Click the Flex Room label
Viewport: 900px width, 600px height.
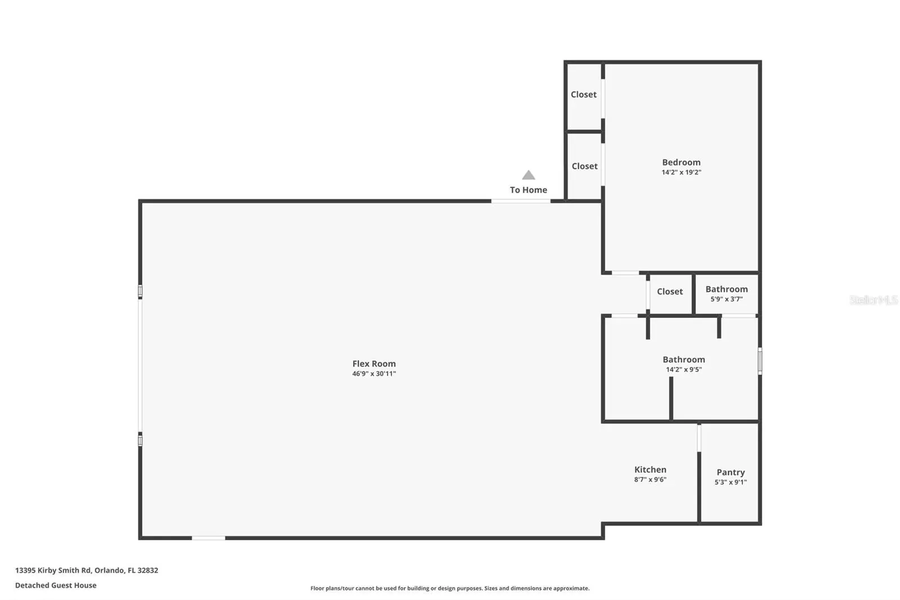374,364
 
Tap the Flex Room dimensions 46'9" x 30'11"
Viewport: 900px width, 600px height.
374,374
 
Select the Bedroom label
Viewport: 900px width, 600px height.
681,162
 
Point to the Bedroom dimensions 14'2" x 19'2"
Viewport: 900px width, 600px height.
681,172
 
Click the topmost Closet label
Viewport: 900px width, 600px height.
584,95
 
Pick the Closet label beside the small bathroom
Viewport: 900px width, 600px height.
670,292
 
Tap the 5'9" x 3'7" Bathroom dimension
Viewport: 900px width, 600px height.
726,299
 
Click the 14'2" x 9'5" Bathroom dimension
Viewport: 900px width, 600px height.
684,370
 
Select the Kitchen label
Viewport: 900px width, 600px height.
650,469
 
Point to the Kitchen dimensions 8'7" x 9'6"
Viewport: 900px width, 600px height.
650,480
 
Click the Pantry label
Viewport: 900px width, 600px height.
731,472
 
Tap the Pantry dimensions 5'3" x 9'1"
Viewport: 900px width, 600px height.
731,482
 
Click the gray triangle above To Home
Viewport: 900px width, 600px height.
528,176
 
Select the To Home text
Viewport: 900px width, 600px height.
528,190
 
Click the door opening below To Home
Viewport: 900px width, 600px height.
521,201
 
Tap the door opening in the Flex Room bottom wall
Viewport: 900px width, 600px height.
208,538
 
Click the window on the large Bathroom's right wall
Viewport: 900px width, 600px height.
760,361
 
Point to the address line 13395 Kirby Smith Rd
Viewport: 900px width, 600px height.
87,570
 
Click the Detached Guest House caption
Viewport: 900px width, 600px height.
56,585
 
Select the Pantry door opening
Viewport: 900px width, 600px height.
699,438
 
